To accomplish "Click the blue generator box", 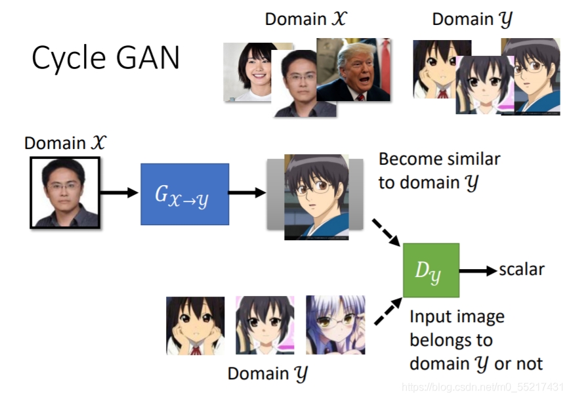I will pos(184,194).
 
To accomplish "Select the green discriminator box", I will pos(431,270).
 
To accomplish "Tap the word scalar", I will pos(522,269).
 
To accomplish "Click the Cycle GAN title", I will pos(105,58).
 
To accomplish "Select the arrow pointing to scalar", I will pos(478,270).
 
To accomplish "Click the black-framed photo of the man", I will pos(64,192).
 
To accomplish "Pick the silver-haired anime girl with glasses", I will pos(334,325).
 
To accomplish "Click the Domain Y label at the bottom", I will pos(267,373).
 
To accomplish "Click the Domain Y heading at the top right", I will pos(471,20).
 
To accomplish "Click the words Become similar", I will pos(439,159).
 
